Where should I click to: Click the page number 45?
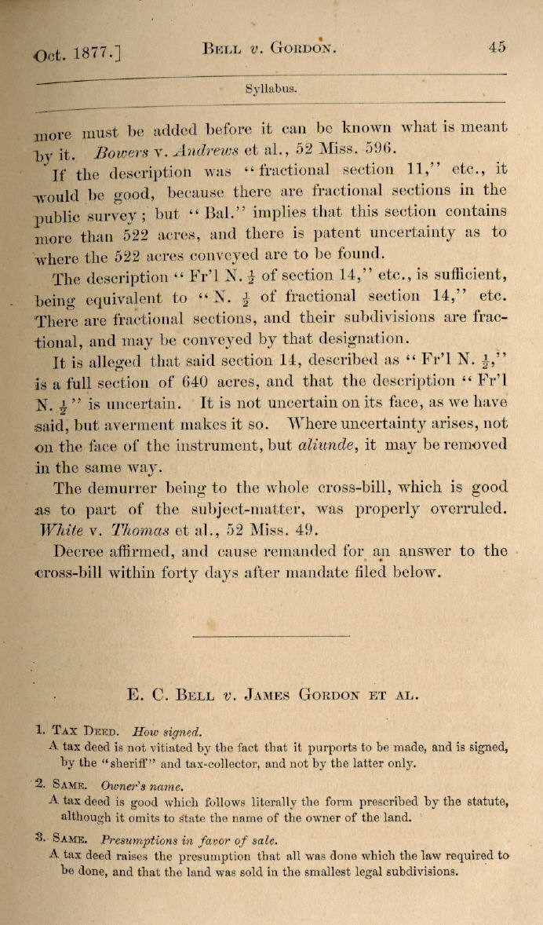[496, 46]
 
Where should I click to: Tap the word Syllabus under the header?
[271, 90]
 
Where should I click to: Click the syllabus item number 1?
[39, 729]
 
